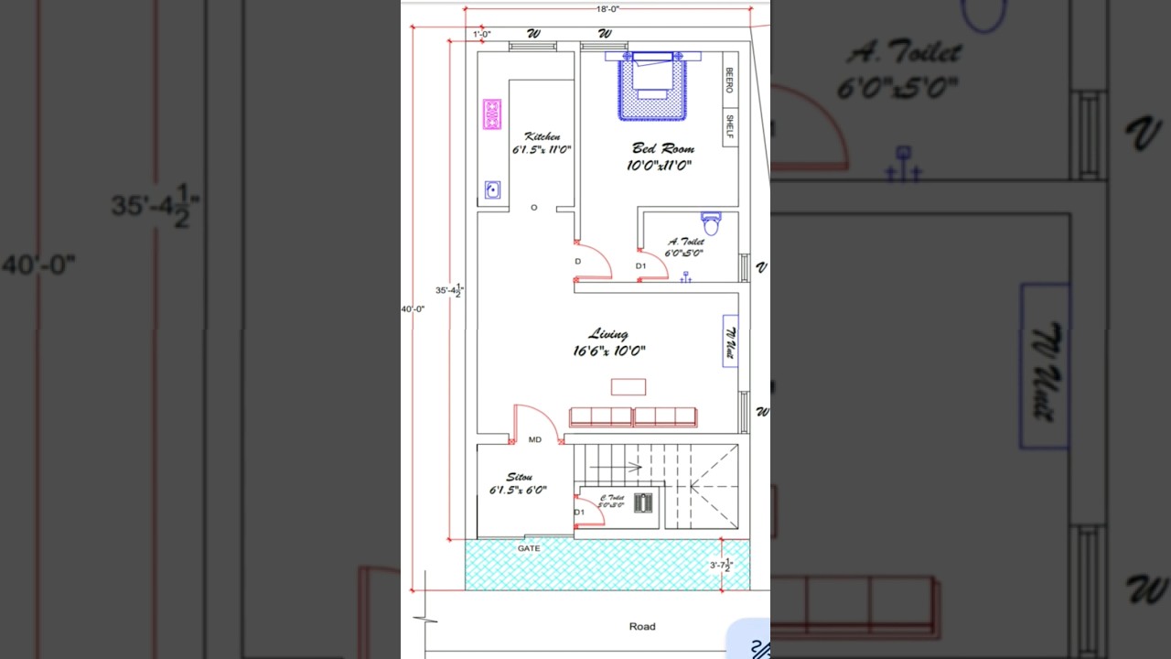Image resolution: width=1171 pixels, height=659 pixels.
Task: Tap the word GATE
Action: pyautogui.click(x=529, y=548)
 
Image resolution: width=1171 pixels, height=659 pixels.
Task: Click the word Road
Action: pyautogui.click(x=641, y=627)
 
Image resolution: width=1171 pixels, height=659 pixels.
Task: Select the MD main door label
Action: pyautogui.click(x=535, y=440)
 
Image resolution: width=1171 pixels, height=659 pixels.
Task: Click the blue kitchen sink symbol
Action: pyautogui.click(x=492, y=189)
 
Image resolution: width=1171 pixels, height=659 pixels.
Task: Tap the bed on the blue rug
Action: pyautogui.click(x=651, y=77)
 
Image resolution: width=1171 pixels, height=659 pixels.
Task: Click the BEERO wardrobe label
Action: pyautogui.click(x=729, y=81)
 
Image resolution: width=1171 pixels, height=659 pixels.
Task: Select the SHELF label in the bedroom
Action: pyautogui.click(x=729, y=126)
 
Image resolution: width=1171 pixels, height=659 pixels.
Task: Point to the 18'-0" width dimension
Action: pyautogui.click(x=607, y=8)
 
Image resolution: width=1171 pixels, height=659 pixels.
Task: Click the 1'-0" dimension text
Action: pyautogui.click(x=482, y=35)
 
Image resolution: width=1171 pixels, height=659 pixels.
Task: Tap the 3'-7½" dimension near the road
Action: pyautogui.click(x=722, y=566)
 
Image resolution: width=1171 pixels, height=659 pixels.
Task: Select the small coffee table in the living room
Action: pyautogui.click(x=628, y=386)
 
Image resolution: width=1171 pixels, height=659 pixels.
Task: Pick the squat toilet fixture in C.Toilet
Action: pyautogui.click(x=644, y=502)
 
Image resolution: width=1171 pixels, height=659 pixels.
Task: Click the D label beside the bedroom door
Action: pyautogui.click(x=577, y=262)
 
